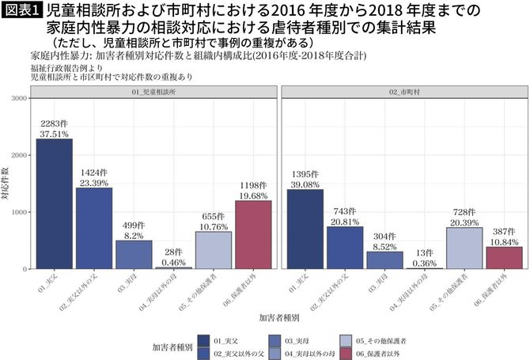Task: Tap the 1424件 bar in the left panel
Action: coord(94,229)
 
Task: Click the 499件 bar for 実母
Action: coord(134,255)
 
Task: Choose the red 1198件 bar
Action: coord(253,235)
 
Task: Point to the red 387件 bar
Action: coord(504,258)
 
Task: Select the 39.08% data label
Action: coord(305,184)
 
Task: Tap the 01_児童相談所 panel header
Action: coord(153,93)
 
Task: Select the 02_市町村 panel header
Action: coord(403,93)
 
